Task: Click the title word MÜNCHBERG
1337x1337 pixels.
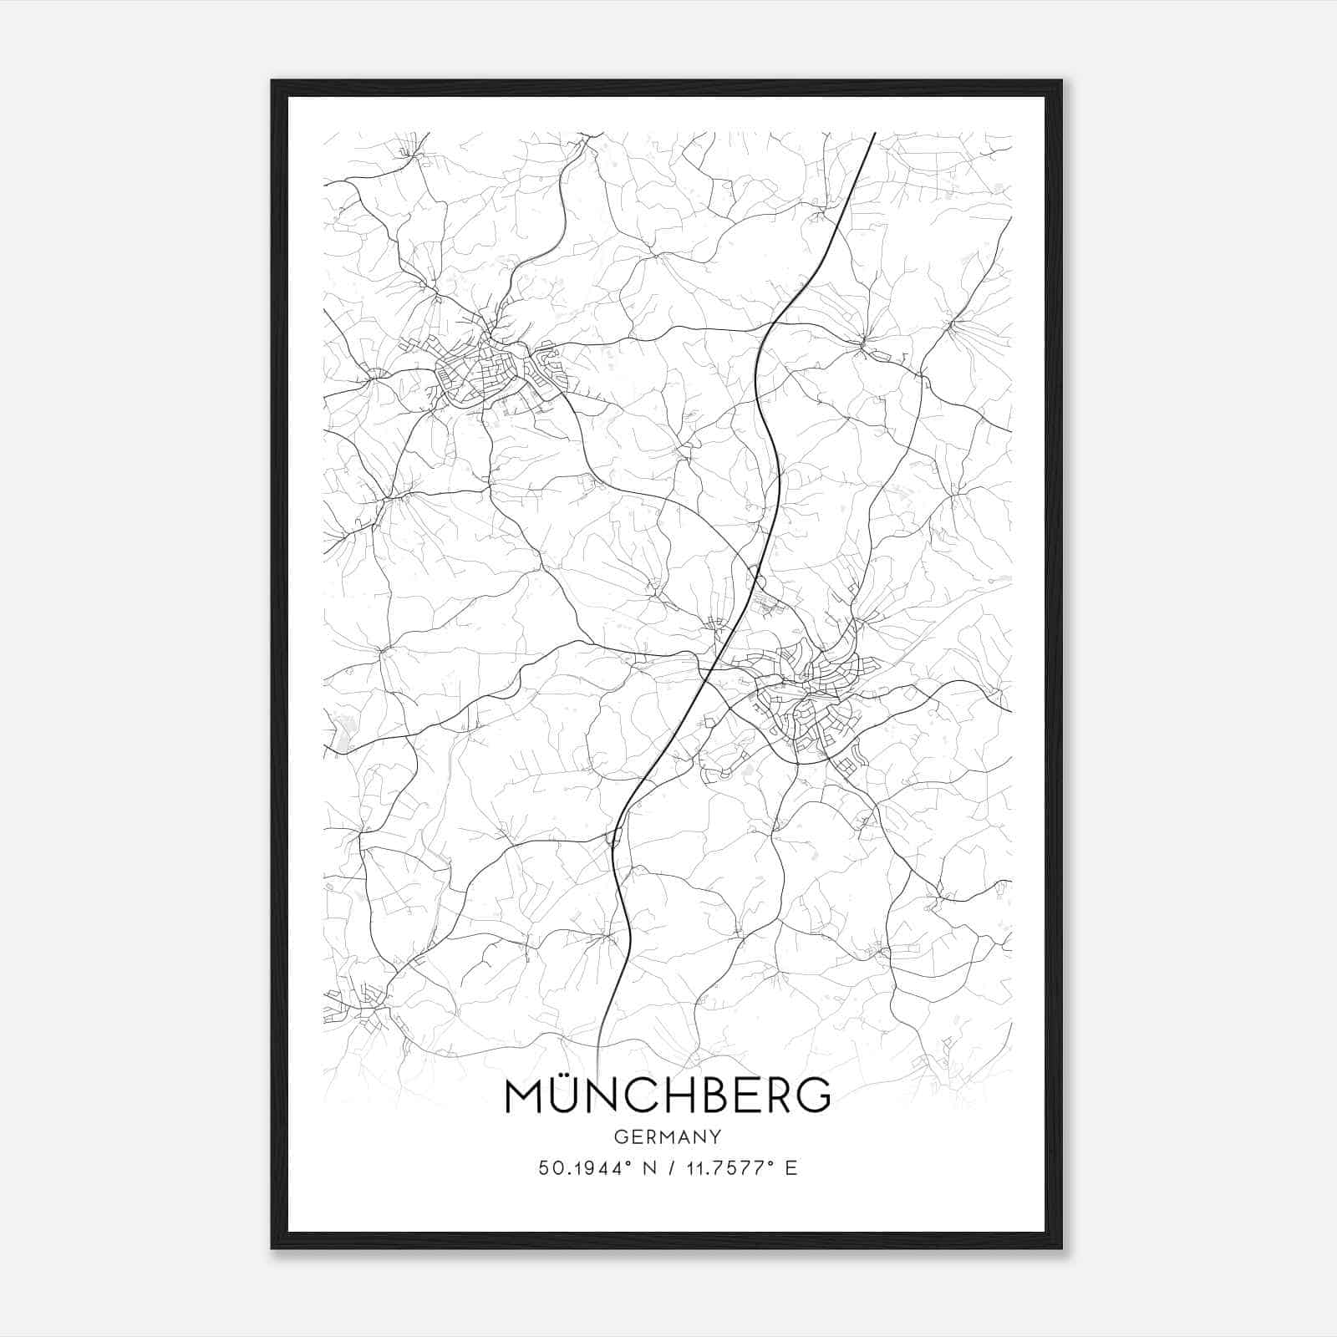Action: pos(668,1096)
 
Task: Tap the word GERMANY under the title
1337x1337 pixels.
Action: pos(668,1136)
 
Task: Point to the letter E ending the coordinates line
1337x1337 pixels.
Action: pos(791,1168)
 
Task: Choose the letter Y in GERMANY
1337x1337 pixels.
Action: pos(714,1136)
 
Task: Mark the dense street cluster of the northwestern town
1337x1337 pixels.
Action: pos(476,372)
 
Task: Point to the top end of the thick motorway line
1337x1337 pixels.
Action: pos(874,134)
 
